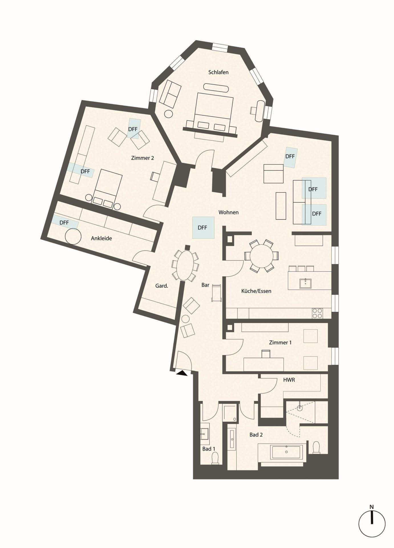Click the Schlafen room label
coord(218,72)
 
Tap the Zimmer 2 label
coord(143,158)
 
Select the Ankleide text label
coord(101,238)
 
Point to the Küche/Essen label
coord(256,291)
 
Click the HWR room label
coord(289,380)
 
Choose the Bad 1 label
coord(209,449)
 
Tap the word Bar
coord(205,285)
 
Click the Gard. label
coord(162,286)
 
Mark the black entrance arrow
coord(182,373)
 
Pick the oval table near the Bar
coord(185,265)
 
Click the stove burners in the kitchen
coord(317,313)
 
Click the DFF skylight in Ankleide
coord(64,222)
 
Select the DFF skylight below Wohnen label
coord(203,228)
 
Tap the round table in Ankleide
coord(73,236)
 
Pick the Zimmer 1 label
coord(280,342)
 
